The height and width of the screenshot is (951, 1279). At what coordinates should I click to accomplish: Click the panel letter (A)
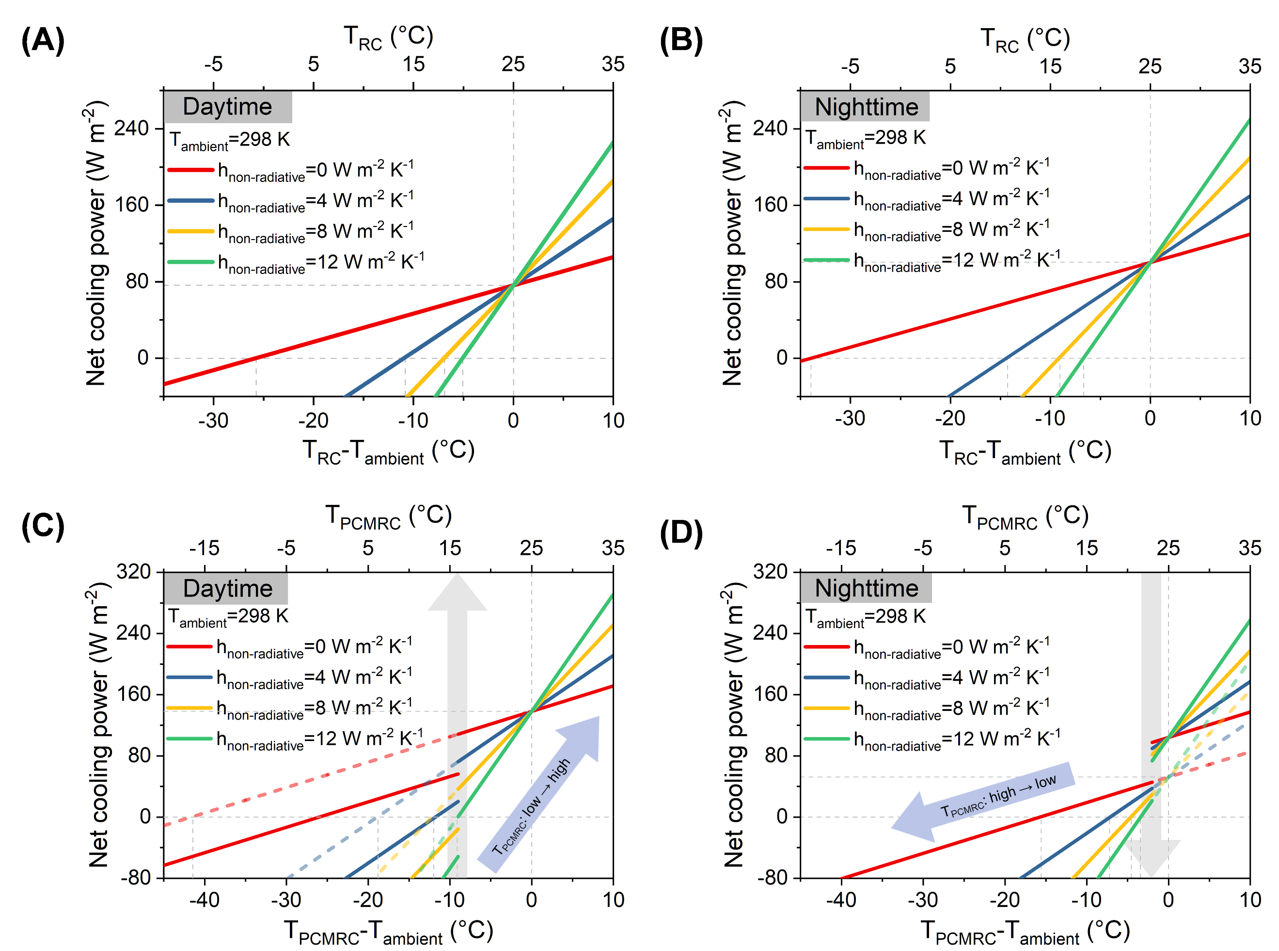point(43,41)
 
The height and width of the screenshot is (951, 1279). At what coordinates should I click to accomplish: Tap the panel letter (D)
point(680,532)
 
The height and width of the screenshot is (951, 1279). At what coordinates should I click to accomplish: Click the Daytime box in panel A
point(228,107)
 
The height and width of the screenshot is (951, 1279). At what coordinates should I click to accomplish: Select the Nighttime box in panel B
point(865,107)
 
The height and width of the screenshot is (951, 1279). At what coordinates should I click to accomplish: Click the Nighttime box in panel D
point(866,588)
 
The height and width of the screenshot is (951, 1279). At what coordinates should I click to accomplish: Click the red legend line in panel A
point(190,170)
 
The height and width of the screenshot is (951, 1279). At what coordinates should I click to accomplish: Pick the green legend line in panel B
point(826,260)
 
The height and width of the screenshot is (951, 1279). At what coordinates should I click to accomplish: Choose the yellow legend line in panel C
point(189,708)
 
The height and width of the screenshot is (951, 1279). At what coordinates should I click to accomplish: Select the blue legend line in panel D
point(826,677)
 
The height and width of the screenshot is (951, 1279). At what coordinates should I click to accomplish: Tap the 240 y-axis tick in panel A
point(132,128)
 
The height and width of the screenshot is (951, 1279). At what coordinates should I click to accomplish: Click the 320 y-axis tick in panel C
point(133,572)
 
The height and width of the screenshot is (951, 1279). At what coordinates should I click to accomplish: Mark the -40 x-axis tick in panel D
point(841,899)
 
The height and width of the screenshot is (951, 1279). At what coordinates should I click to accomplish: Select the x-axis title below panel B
point(1025,451)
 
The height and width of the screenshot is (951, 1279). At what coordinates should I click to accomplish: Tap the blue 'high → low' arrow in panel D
point(984,800)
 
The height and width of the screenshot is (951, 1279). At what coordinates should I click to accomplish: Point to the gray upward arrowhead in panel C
point(457,593)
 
